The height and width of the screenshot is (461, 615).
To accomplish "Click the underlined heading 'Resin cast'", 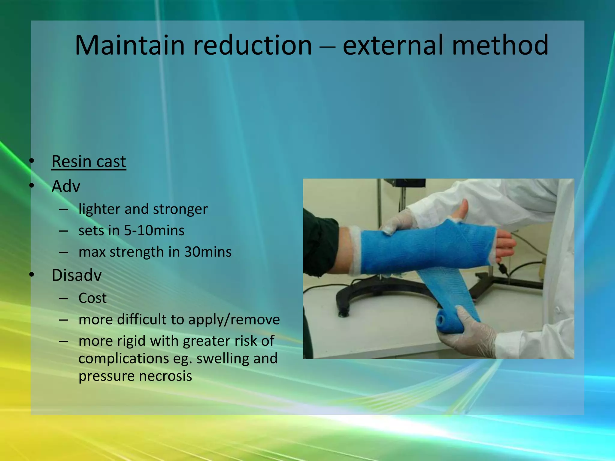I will [x=89, y=161].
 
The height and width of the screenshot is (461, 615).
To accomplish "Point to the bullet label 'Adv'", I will [x=66, y=186].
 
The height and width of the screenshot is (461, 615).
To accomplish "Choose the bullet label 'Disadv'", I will [x=77, y=275].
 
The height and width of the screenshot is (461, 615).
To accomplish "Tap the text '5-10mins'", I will [x=154, y=230].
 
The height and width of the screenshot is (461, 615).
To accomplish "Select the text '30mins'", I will [x=208, y=252].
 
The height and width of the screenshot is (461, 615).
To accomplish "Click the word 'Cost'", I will [x=92, y=298].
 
